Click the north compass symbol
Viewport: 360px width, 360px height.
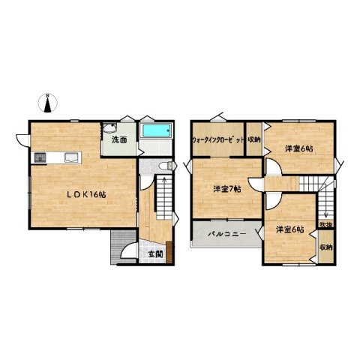(x=47, y=103)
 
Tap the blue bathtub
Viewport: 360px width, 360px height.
(x=157, y=130)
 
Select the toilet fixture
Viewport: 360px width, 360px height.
(x=166, y=166)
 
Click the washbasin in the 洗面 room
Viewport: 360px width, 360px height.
(x=109, y=128)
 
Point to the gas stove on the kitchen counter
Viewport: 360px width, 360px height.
(x=40, y=158)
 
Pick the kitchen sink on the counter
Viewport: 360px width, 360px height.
(x=70, y=157)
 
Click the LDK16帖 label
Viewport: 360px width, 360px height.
(x=86, y=194)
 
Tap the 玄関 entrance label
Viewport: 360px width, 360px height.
(x=155, y=254)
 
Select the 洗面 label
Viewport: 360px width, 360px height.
(x=119, y=140)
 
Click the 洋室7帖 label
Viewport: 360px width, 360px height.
(x=227, y=189)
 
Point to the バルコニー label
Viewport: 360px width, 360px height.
(x=227, y=234)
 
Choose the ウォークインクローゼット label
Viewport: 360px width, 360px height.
(x=218, y=140)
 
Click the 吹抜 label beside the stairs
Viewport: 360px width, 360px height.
(x=326, y=225)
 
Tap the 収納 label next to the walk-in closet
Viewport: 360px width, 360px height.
(x=254, y=140)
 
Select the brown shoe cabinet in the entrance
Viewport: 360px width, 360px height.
(x=169, y=252)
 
